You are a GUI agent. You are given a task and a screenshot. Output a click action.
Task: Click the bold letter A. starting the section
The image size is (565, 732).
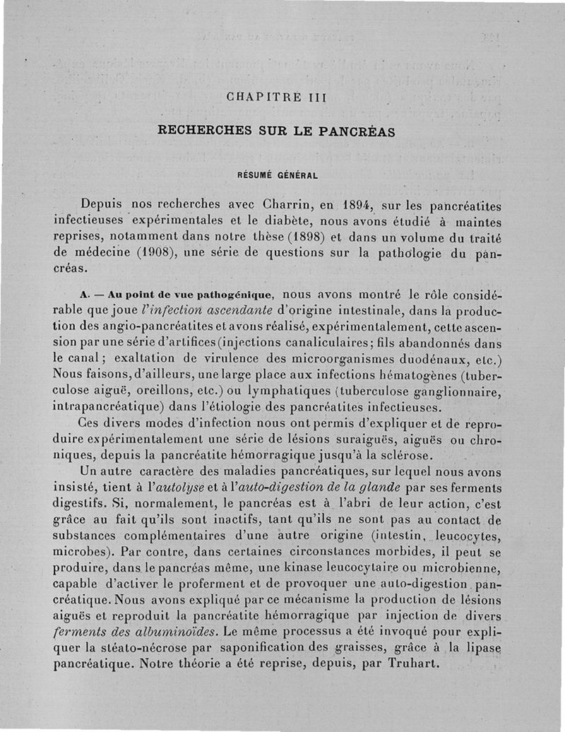point(86,294)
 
